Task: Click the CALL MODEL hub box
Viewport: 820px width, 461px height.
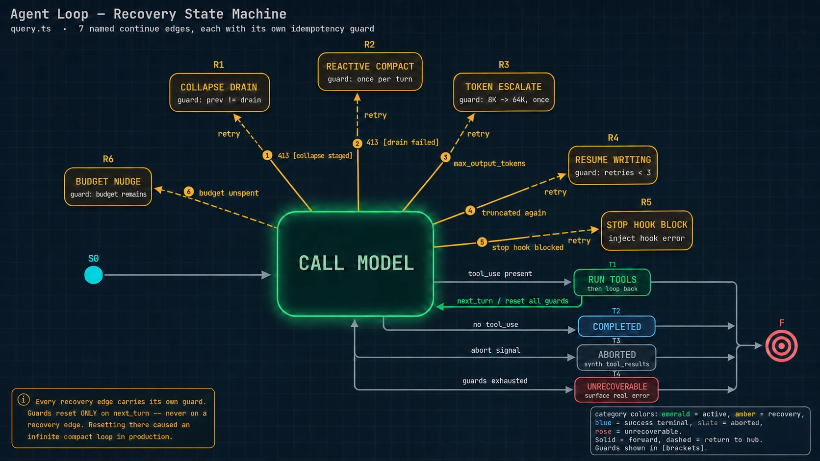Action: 356,264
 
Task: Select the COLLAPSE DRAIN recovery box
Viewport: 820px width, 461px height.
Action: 219,93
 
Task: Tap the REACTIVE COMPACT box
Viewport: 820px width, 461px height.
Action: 370,72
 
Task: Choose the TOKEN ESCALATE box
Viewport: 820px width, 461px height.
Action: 504,92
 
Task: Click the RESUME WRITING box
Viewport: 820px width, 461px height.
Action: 613,165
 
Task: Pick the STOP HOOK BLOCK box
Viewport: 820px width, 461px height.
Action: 646,231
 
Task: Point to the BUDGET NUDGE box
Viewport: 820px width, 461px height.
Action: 108,187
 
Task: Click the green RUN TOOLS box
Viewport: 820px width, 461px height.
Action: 612,283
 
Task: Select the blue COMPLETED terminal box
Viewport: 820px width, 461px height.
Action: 617,326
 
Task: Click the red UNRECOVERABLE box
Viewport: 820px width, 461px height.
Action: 616,390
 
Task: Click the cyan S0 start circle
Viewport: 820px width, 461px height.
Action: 93,275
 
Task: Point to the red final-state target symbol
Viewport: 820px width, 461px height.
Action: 781,346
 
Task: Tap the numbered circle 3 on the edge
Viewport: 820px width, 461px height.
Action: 445,157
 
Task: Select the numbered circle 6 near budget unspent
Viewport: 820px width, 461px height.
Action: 188,192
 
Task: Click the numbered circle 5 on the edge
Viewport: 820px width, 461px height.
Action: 482,242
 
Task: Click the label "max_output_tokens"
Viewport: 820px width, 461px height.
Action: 489,164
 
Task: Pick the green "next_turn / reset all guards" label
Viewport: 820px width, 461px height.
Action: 512,301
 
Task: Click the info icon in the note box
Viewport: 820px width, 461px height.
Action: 24,400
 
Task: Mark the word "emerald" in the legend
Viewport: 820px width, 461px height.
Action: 675,414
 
